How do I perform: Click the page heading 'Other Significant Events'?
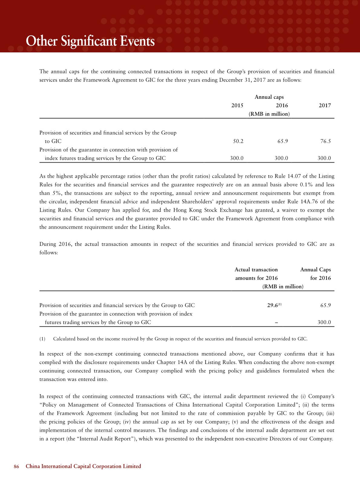tap(90, 41)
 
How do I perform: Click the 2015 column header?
tap(237, 106)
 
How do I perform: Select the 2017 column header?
tap(325, 106)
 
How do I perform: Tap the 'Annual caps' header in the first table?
tap(269, 97)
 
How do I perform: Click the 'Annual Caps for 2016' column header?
tap(316, 274)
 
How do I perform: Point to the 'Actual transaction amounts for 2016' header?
tap(256, 274)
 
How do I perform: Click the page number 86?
tap(16, 466)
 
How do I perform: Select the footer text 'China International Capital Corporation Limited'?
tap(83, 466)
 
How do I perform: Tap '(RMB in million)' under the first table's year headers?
tap(269, 114)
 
